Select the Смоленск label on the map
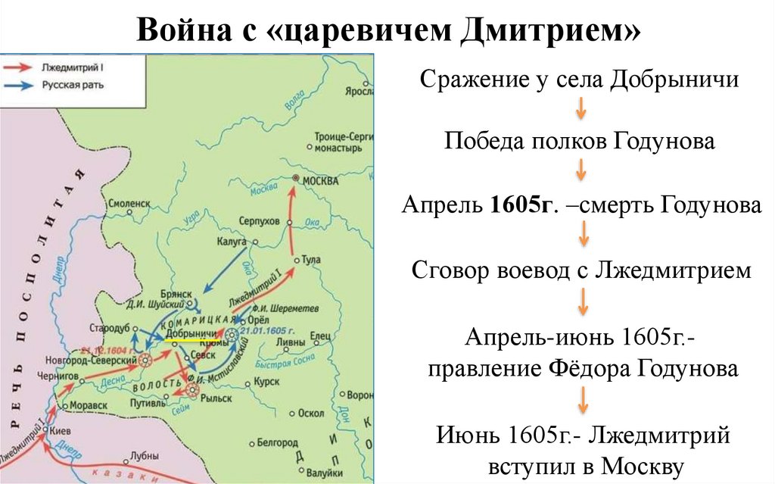(x=129, y=204)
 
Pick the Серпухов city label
(x=259, y=220)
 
